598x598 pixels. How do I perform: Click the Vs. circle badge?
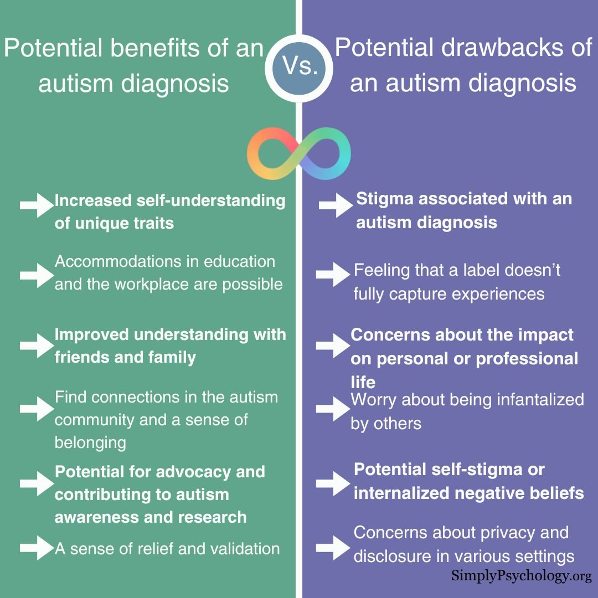tap(300, 67)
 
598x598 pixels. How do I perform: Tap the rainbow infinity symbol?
tap(299, 153)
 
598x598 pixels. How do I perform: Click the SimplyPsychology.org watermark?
tap(521, 576)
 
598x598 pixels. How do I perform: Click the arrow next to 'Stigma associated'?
tap(336, 205)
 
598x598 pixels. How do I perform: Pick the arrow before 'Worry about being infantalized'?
tap(333, 409)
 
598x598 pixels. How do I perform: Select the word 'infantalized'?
tap(534, 399)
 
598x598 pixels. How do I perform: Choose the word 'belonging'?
tap(90, 442)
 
